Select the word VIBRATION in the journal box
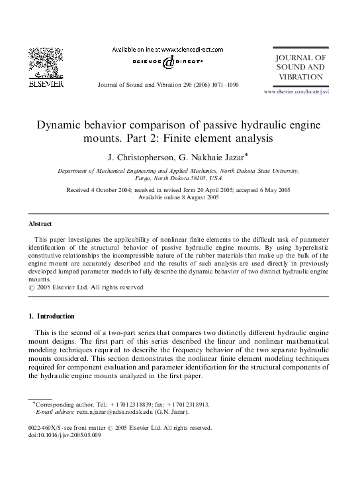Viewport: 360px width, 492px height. coord(300,77)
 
